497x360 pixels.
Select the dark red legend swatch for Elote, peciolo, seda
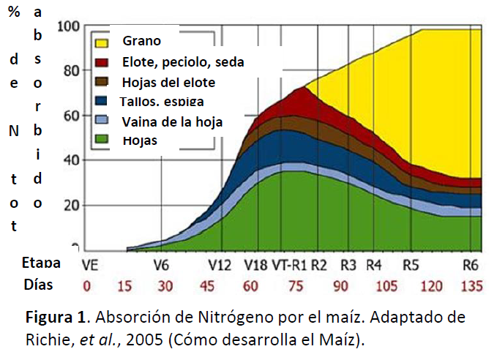click(x=101, y=61)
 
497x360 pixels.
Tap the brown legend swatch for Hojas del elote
click(x=101, y=81)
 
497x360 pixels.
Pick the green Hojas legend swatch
click(x=101, y=139)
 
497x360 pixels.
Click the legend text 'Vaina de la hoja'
click(x=172, y=121)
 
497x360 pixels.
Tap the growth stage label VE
click(x=90, y=264)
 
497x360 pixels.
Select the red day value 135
click(x=472, y=285)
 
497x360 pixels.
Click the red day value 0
click(x=88, y=285)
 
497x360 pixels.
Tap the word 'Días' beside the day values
click(x=38, y=284)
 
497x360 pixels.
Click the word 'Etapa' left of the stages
click(x=41, y=263)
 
